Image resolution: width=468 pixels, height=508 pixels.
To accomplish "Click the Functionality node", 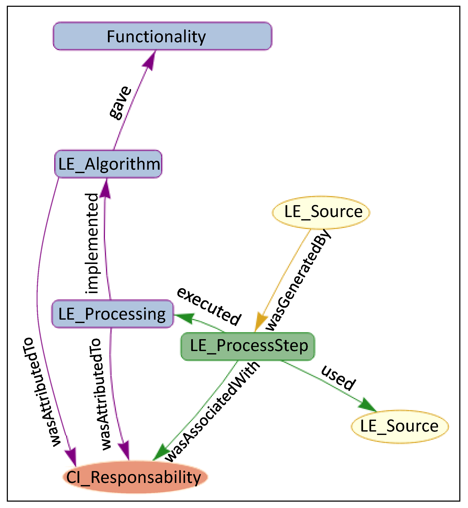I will pyautogui.click(x=162, y=36).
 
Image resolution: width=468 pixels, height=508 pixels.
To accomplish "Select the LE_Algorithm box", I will pyautogui.click(x=108, y=164).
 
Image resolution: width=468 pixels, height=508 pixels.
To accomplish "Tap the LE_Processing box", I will pyautogui.click(x=112, y=314).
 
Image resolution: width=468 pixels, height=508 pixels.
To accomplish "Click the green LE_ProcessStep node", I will pyautogui.click(x=248, y=346).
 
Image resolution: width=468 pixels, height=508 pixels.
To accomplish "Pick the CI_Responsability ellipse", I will pyautogui.click(x=135, y=477).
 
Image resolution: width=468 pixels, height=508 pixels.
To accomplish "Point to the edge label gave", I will pyautogui.click(x=120, y=103).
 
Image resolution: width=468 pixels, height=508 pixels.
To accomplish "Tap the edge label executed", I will pyautogui.click(x=208, y=306).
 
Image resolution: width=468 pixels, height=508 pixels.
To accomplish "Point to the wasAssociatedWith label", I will pyautogui.click(x=212, y=412).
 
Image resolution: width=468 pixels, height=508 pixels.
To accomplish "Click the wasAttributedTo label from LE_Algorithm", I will pyautogui.click(x=41, y=392).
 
